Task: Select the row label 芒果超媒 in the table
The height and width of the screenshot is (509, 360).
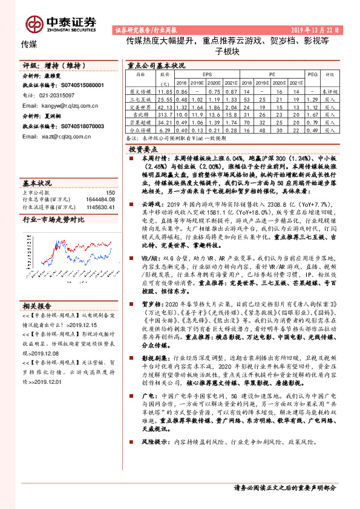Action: coord(140,121)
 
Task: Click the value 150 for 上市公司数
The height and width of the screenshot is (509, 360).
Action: coord(111,192)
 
